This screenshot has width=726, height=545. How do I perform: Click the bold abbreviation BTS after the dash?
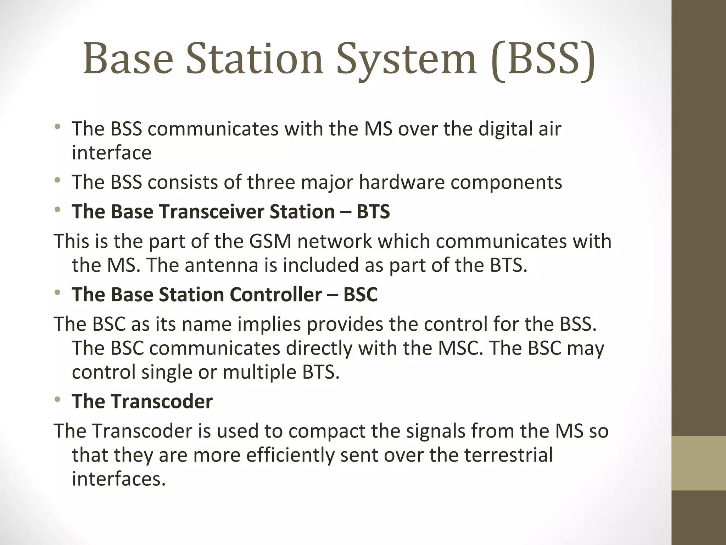(373, 211)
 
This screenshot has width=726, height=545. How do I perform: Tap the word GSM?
(270, 241)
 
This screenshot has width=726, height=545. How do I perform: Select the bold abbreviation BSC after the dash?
(361, 294)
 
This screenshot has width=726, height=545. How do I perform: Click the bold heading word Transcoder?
(162, 401)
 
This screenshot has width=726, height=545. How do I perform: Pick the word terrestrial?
(509, 455)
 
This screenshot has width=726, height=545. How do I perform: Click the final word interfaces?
(119, 479)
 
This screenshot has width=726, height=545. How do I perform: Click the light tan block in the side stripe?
(699, 463)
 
